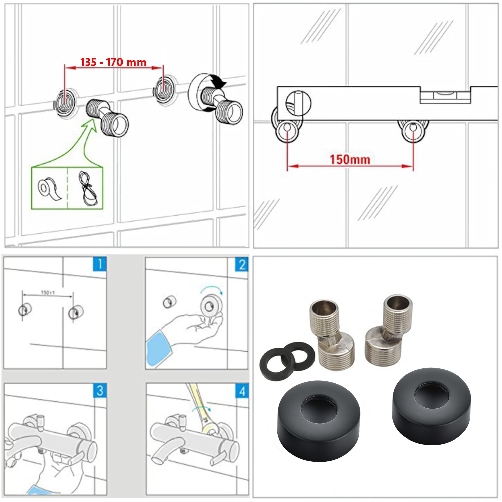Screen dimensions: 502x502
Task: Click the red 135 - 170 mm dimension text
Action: pyautogui.click(x=113, y=62)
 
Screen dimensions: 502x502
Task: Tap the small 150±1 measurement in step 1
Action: pyautogui.click(x=48, y=293)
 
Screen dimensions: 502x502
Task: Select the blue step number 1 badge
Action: pyautogui.click(x=99, y=265)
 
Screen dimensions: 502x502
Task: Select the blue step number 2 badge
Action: pyautogui.click(x=242, y=265)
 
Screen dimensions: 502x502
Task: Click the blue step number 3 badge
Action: pyautogui.click(x=99, y=390)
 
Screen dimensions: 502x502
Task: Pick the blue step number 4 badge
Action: pyautogui.click(x=242, y=390)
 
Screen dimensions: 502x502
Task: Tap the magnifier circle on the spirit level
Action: pyautogui.click(x=298, y=102)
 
